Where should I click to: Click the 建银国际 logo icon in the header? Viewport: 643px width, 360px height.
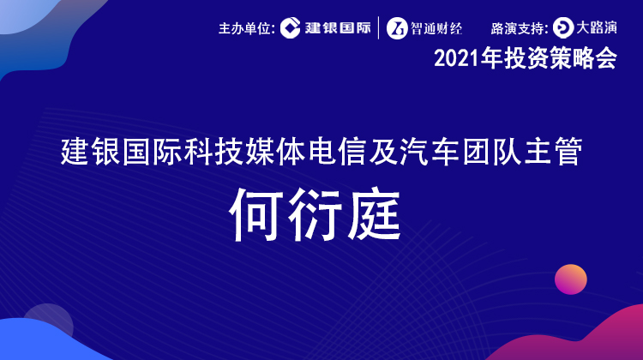click(291, 28)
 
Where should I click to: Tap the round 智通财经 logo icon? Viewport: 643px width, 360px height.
click(397, 28)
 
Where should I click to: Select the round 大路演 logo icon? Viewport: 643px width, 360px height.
click(563, 28)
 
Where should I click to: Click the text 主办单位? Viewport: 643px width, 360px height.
click(247, 28)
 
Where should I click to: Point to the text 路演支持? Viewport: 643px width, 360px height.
click(520, 28)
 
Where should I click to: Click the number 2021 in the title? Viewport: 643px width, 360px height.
click(457, 59)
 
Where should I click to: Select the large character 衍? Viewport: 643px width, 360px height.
click(315, 214)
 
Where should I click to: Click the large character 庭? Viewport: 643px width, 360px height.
click(374, 214)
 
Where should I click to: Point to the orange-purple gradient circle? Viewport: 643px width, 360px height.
click(571, 279)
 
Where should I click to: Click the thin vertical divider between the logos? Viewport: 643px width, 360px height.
click(378, 28)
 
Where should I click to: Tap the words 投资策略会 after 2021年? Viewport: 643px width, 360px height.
click(561, 58)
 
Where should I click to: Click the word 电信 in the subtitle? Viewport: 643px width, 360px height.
click(337, 152)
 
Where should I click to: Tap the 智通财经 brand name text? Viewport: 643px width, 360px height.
click(436, 28)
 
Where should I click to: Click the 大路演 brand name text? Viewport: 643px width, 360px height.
click(597, 27)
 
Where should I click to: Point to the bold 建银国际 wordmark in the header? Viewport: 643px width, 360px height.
click(338, 28)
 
